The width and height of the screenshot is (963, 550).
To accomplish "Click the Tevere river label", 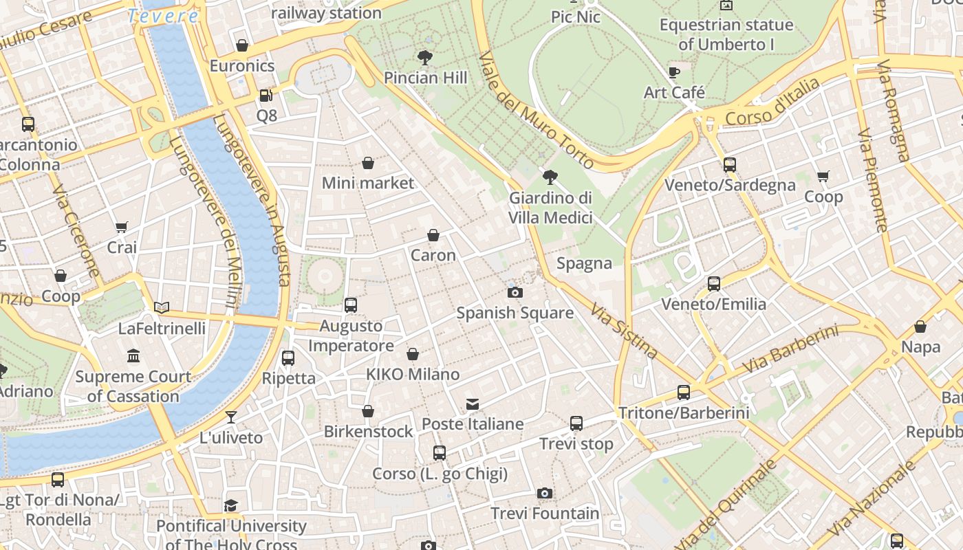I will click(x=163, y=16).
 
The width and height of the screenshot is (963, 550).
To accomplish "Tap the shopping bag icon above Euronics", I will click(x=241, y=46).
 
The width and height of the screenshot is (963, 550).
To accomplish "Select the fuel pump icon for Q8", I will click(x=266, y=96).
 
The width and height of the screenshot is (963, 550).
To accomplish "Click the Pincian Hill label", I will click(x=425, y=78).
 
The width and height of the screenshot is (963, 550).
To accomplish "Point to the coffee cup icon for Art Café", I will click(x=674, y=72).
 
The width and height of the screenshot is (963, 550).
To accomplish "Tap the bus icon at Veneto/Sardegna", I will click(x=729, y=165).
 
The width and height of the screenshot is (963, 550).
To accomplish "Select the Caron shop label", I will click(x=433, y=255).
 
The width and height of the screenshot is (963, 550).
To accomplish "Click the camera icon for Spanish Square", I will click(x=515, y=293).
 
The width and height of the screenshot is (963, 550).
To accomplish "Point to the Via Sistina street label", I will click(x=624, y=331).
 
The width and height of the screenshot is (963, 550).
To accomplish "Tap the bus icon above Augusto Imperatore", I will click(x=350, y=305).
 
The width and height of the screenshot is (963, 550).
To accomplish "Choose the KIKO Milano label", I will click(x=413, y=375).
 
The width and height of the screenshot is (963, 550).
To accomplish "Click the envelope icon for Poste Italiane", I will click(x=472, y=404).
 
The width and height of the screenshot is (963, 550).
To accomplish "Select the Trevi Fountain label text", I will click(x=545, y=514).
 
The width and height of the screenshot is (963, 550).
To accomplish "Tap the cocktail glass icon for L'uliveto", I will click(x=230, y=417).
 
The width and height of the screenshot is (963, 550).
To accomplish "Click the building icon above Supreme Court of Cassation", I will click(x=133, y=356).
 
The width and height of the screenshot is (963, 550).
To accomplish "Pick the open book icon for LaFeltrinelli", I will click(x=162, y=308).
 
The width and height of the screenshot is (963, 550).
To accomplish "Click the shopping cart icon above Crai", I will click(x=122, y=227).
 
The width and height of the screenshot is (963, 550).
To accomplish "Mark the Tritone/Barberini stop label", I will click(x=683, y=413).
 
